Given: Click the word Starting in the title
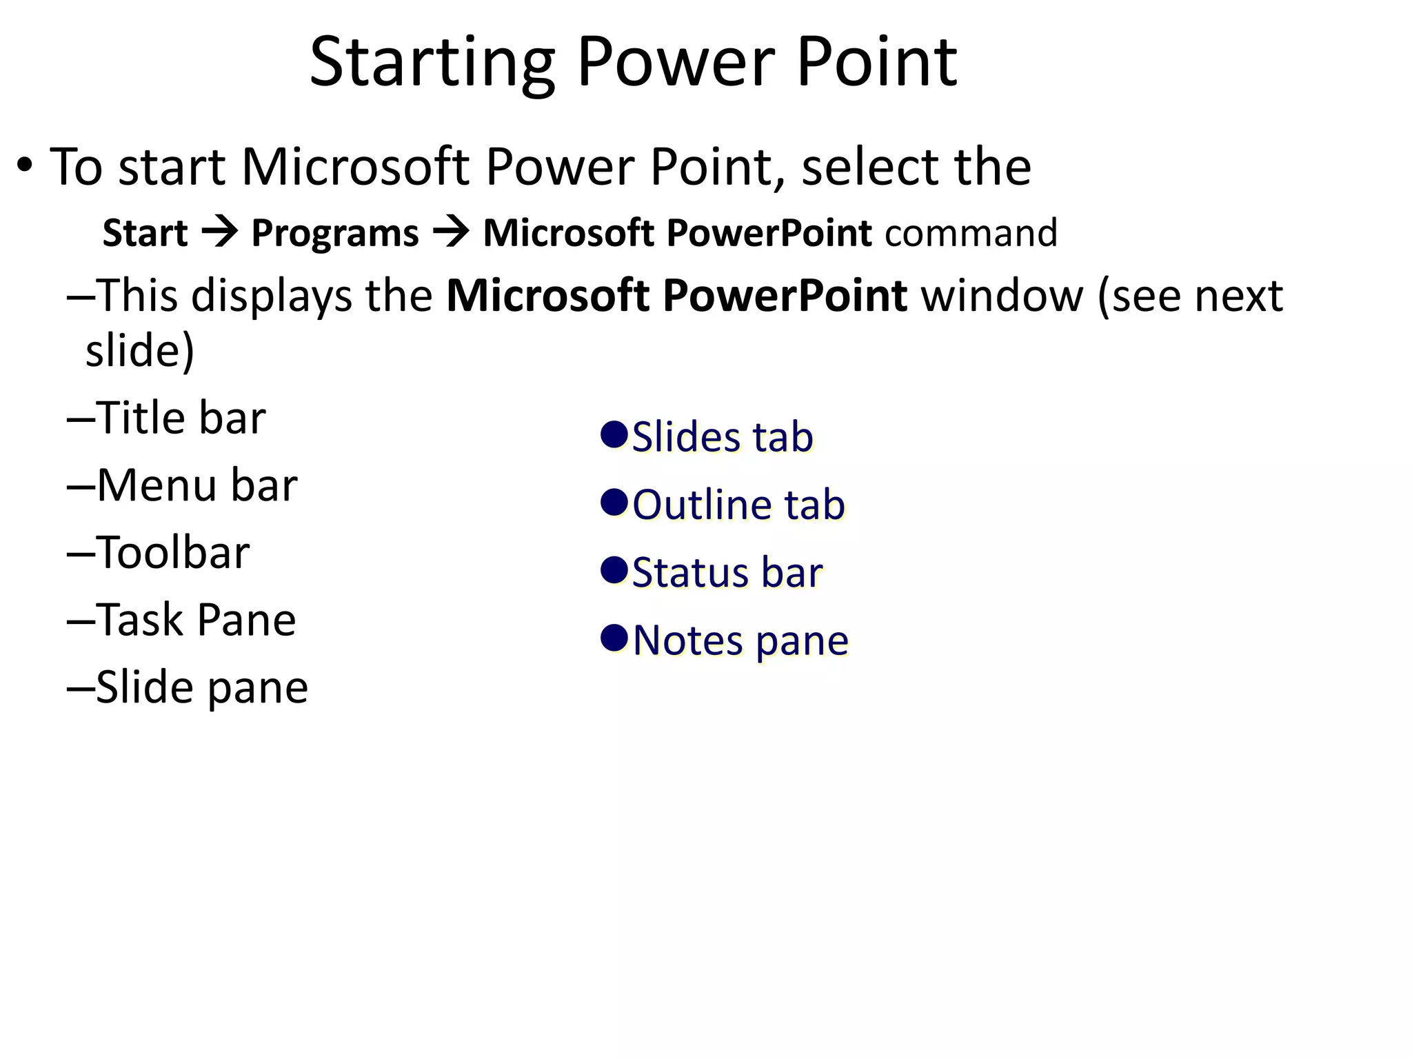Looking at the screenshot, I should point(432,63).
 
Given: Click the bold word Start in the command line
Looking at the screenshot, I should point(145,233).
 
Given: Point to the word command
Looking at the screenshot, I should point(971,233).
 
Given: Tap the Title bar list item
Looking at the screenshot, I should point(180,418).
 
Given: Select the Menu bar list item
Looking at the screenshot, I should point(196,485).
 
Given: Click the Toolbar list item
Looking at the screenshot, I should point(172,553).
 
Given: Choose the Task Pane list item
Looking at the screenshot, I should point(196,620).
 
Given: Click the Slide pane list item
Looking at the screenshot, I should point(201,687).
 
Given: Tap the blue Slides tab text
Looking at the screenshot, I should point(722,437).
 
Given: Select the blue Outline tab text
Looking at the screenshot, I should point(738,505).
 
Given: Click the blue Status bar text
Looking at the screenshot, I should point(727,572).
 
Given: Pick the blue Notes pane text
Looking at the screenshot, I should point(740,640).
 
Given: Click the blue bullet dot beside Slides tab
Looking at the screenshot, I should point(613,434).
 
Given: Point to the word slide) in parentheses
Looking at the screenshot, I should point(140,350).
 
